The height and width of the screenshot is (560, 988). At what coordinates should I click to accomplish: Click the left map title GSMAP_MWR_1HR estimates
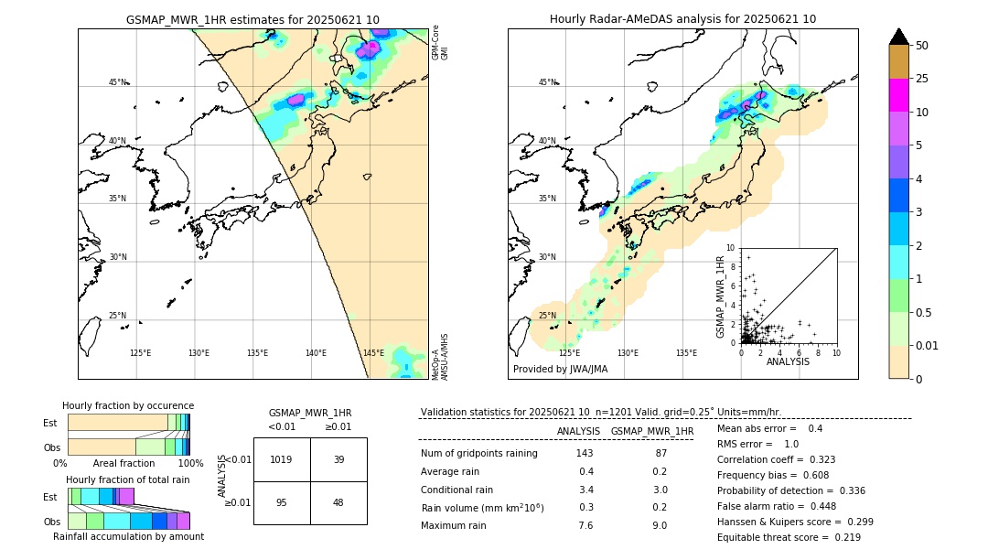[x=252, y=19]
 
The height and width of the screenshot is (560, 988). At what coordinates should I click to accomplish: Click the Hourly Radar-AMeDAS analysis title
[x=682, y=19]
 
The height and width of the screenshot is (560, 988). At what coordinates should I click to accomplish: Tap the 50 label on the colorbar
[x=922, y=46]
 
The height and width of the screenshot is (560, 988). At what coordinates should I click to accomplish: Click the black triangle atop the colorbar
[x=899, y=37]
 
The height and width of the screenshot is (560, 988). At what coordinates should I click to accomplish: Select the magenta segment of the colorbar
[x=899, y=95]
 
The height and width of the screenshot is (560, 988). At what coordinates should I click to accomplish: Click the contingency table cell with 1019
[x=282, y=459]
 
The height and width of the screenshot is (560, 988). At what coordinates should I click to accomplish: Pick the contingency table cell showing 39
[x=338, y=459]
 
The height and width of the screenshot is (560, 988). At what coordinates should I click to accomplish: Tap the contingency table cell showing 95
[x=282, y=502]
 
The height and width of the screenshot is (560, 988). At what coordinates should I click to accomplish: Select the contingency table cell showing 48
[x=338, y=502]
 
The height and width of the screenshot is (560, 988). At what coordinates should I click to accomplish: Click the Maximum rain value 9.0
[x=659, y=525]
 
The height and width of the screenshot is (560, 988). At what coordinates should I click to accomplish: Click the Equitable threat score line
[x=789, y=537]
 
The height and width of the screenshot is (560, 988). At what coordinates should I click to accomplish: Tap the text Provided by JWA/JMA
[x=560, y=370]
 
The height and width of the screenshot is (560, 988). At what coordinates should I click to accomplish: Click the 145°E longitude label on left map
[x=373, y=353]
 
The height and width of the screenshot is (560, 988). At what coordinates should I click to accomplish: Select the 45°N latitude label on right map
[x=546, y=82]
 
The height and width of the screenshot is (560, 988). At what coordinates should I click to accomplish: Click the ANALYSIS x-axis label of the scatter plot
[x=788, y=361]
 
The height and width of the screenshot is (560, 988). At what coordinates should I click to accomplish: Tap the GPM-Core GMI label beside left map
[x=440, y=42]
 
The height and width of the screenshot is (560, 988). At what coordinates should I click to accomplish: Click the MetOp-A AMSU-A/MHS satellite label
[x=440, y=357]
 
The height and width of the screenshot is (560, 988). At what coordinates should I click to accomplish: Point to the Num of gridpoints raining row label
[x=479, y=454]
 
